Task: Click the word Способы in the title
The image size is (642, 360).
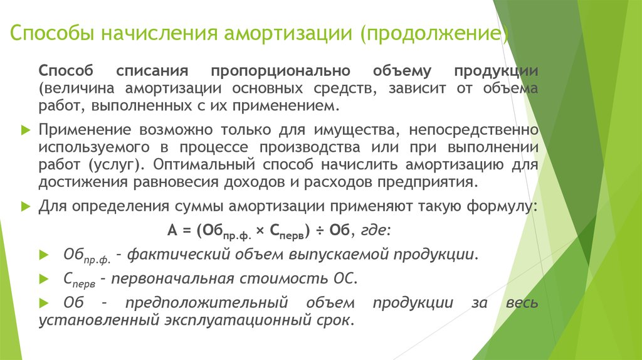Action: (52, 33)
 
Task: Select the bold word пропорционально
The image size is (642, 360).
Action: (280, 71)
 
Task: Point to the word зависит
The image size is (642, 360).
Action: (417, 88)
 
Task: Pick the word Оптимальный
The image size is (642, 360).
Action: (204, 165)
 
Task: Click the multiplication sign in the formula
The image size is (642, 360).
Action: (260, 231)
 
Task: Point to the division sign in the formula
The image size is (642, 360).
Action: (320, 231)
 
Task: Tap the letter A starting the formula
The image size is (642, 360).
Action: (172, 230)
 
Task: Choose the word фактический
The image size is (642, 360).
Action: (172, 255)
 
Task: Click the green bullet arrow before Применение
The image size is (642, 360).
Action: (26, 130)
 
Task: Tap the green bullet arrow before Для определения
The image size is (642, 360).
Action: (26, 206)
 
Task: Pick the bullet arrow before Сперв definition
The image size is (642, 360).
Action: (44, 279)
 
